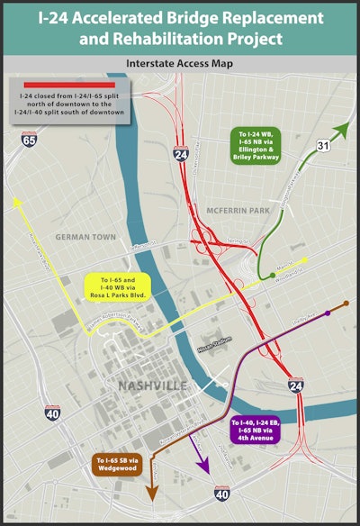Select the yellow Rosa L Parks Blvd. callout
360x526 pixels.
tap(121, 286)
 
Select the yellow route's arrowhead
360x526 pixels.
tap(15, 204)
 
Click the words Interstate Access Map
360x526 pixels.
tap(180, 65)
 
